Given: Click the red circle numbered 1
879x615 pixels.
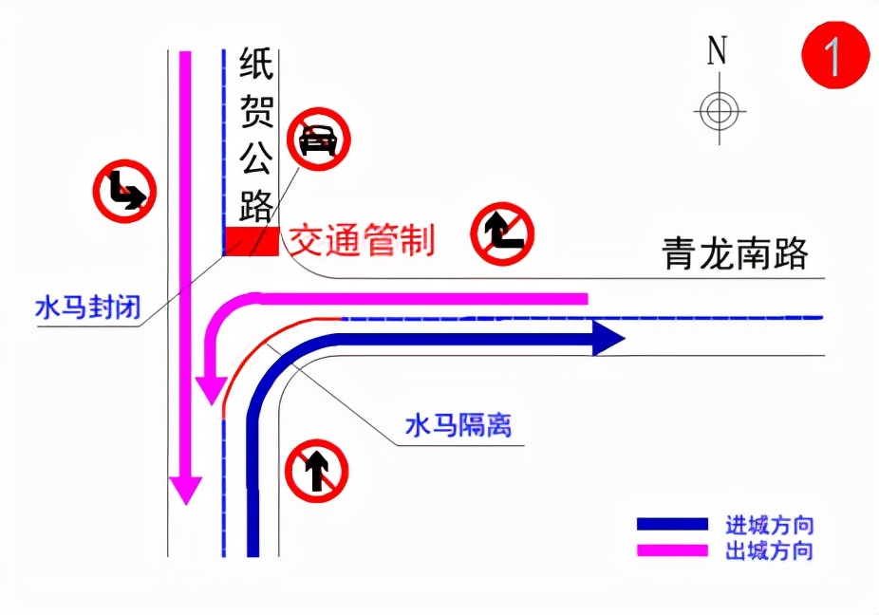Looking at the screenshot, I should (835, 56).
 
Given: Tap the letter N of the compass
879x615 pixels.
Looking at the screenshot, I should (718, 51).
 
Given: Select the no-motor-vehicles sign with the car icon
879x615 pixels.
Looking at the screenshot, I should (319, 139).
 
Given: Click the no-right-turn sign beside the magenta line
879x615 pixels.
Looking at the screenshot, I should (124, 190).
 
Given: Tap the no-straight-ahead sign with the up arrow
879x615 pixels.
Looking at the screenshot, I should (318, 470).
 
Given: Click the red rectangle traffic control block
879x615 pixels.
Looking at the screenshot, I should (252, 241).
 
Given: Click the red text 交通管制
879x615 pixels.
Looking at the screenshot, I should (362, 240).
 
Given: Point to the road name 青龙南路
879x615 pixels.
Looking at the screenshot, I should (736, 253).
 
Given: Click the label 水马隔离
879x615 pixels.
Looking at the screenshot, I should (458, 426).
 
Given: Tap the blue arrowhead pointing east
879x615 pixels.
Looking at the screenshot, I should (608, 338).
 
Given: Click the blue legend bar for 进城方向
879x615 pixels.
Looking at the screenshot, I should (672, 524).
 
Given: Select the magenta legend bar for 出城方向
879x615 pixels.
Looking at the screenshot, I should (672, 550).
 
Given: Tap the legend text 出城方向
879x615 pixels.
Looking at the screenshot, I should (770, 550).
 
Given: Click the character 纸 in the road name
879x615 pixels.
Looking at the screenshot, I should (256, 66).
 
